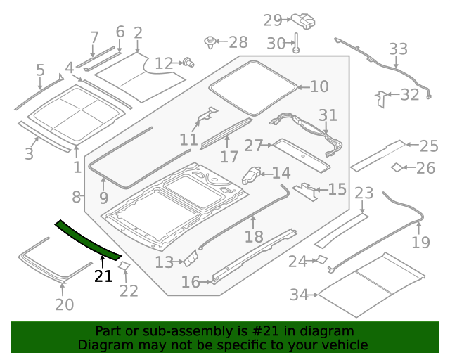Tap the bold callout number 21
pos(103,276)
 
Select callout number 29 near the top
pos(272,20)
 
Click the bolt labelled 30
pos(297,42)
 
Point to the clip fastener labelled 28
pos(210,42)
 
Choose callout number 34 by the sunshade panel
pos(300,295)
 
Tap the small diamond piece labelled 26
pos(397,167)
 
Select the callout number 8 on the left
pos(77,197)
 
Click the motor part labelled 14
pos(252,174)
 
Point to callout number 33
pos(398,49)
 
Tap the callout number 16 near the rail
pos(191,282)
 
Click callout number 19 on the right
pos(420,243)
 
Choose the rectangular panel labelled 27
pos(300,153)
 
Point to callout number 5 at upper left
pos(40,70)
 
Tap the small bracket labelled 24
pos(320,260)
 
